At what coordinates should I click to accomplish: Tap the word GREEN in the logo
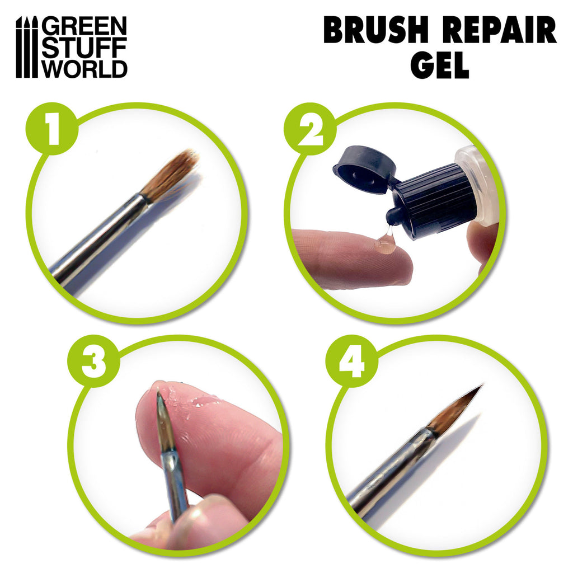click(x=85, y=26)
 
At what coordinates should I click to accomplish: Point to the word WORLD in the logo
click(x=85, y=68)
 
